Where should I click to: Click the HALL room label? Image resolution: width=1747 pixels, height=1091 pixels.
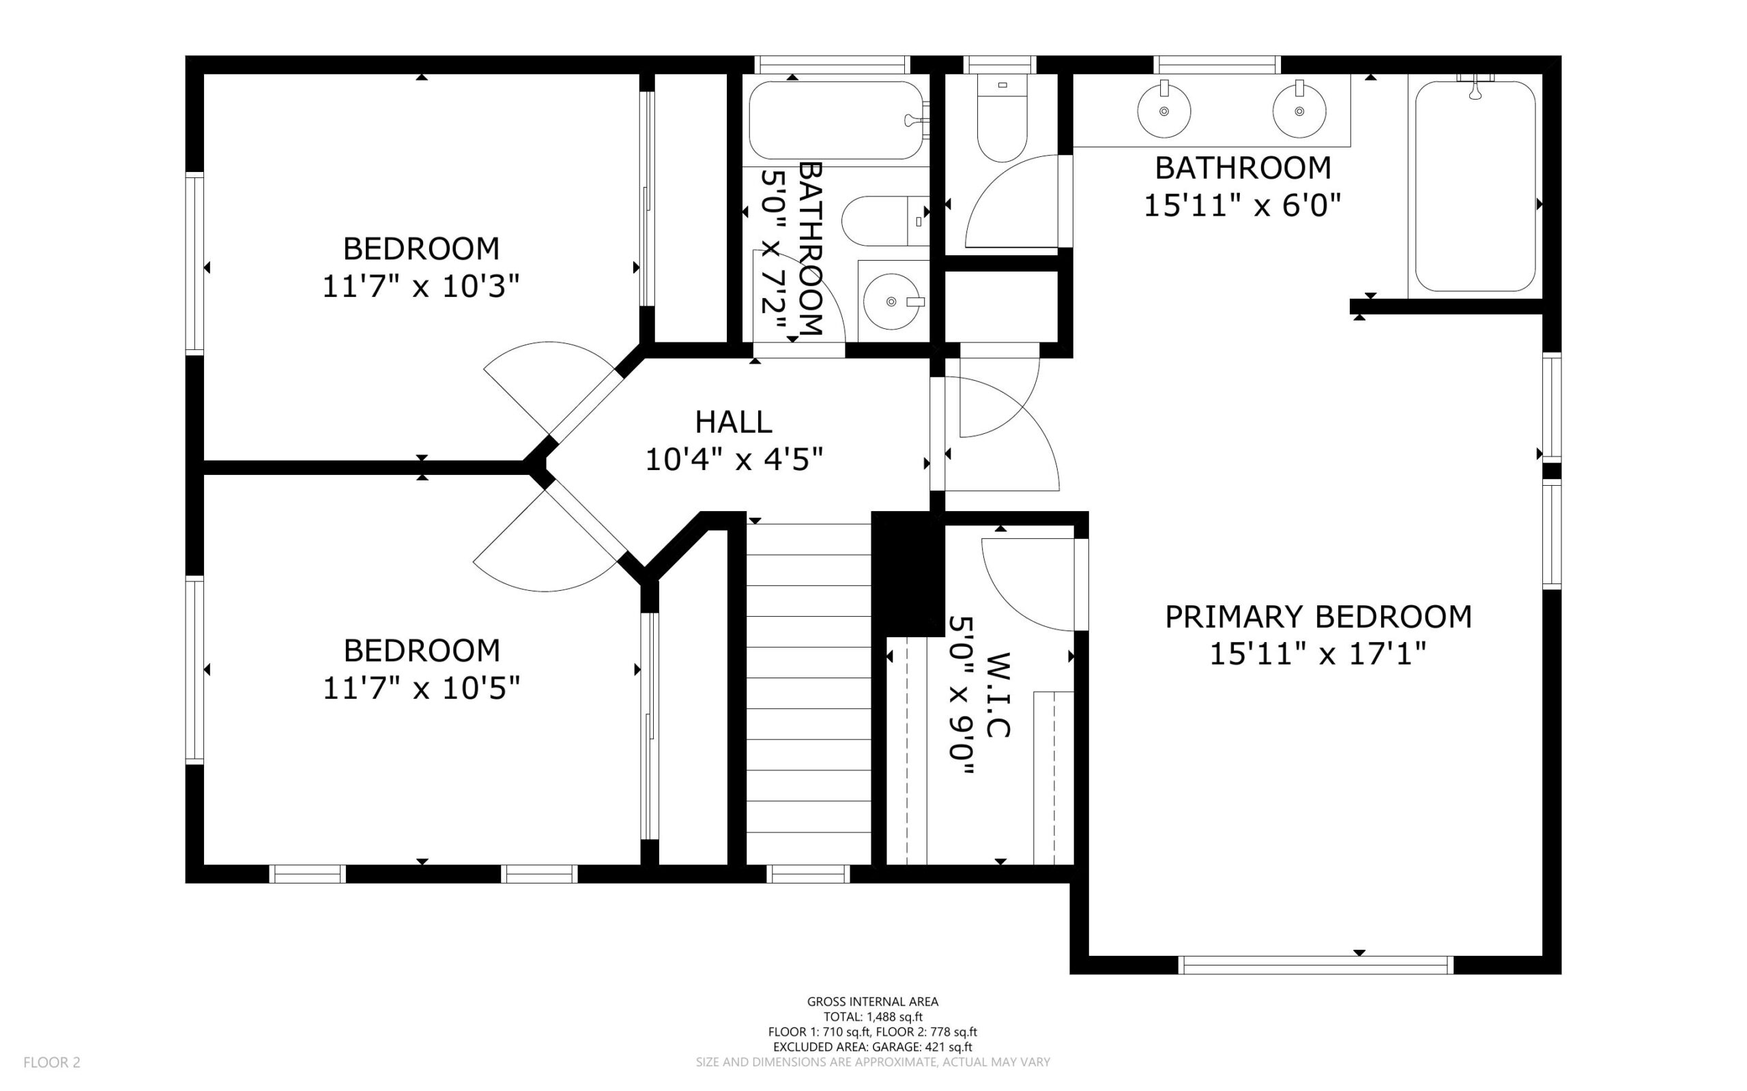[733, 422]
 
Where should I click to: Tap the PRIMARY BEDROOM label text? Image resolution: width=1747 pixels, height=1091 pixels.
[1318, 617]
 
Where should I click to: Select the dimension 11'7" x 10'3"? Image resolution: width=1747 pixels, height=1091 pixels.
[420, 287]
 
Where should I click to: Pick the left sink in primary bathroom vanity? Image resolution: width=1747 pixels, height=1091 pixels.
[1164, 111]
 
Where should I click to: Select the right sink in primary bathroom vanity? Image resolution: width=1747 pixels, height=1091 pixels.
[1299, 111]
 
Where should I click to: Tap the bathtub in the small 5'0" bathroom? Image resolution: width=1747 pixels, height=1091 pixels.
[835, 120]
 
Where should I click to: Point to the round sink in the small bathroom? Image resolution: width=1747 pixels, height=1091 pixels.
[892, 301]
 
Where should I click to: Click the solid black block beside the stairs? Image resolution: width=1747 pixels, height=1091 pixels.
[908, 574]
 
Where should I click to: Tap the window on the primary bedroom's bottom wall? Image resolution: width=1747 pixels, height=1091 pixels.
[1315, 965]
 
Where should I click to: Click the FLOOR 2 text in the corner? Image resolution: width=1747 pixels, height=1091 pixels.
[52, 1062]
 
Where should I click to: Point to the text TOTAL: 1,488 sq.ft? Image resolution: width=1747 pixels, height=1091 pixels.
[871, 1017]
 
